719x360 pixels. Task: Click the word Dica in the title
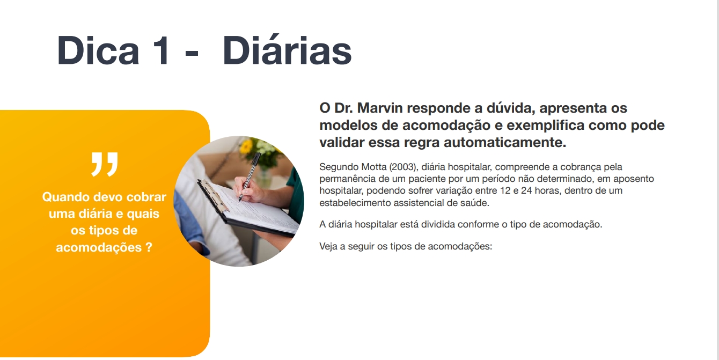[x=98, y=50]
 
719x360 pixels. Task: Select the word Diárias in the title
[x=287, y=49]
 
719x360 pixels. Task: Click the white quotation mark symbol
[x=105, y=164]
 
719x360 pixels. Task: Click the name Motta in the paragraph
[x=373, y=167]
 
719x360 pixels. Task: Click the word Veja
[x=328, y=246]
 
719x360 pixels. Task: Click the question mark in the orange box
[x=149, y=247]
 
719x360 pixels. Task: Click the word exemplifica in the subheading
[x=545, y=125]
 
